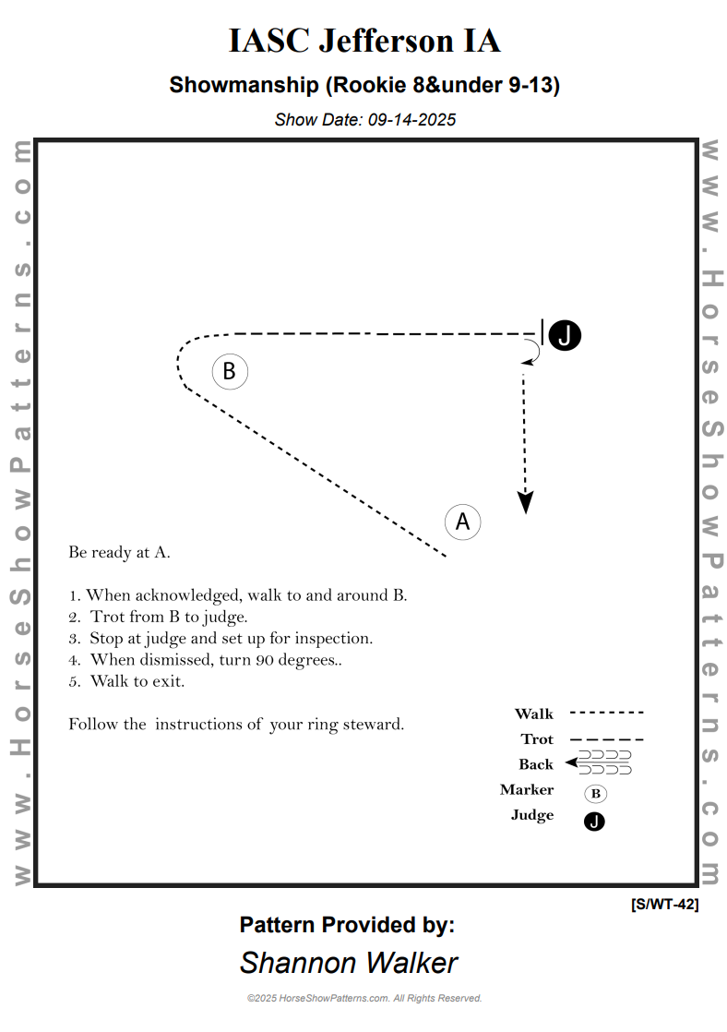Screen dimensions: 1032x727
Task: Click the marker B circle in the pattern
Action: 230,372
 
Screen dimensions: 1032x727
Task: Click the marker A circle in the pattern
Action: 463,522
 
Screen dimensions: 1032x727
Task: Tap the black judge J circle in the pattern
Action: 565,336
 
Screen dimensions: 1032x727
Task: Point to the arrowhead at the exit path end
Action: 525,502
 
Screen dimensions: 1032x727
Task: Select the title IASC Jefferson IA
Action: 364,42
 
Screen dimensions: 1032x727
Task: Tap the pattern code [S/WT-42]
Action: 664,905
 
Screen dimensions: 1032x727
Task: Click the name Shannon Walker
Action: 348,963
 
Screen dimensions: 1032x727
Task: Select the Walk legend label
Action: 534,714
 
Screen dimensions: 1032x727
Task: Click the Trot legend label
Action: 537,739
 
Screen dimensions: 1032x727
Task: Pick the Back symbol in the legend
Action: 600,762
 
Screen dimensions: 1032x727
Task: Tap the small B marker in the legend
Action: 595,793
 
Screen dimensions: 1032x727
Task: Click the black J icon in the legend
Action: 595,821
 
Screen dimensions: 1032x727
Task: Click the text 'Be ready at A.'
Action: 119,553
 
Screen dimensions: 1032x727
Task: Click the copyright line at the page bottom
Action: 364,998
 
